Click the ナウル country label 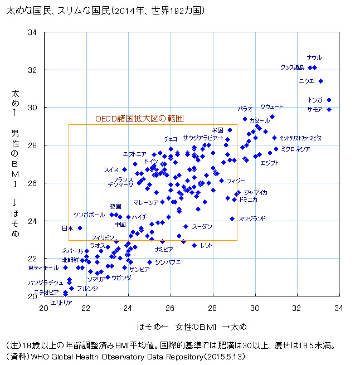click(314, 57)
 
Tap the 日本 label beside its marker click(67, 228)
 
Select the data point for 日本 click(80, 228)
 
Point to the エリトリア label click(61, 303)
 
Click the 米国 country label click(217, 130)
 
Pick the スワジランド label click(252, 218)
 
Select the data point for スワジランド click(232, 218)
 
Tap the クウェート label click(271, 106)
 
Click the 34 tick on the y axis click(33, 32)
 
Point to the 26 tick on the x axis click(171, 307)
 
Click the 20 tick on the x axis click(44, 307)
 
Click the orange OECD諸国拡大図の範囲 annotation click(139, 119)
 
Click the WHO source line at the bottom click(125, 355)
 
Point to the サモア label click(314, 109)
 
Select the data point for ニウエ click(320, 81)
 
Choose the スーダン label click(202, 226)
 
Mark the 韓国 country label click(115, 206)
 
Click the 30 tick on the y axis click(33, 108)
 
